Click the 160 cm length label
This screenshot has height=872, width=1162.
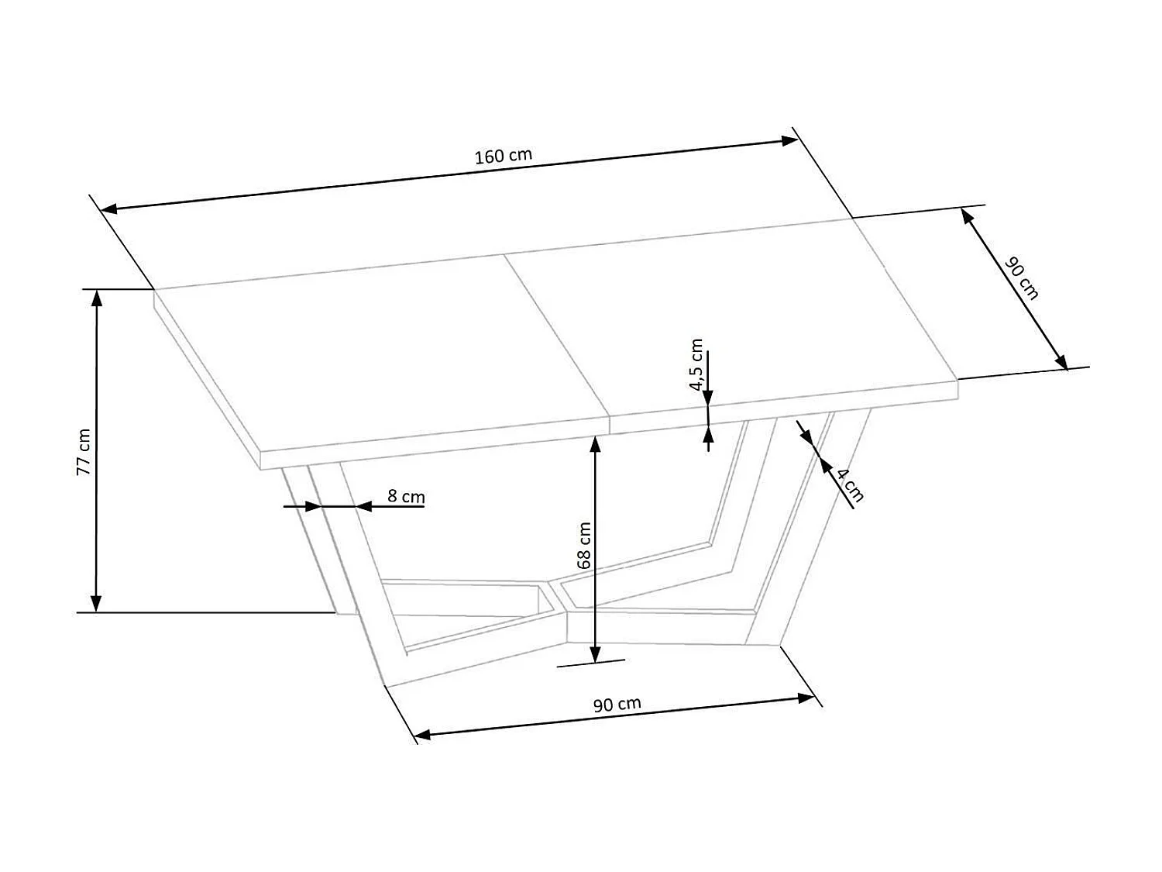504,155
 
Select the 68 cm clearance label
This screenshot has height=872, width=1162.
584,545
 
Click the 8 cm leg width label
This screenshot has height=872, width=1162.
406,496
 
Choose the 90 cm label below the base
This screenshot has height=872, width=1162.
617,704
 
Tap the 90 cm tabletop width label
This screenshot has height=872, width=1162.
1022,278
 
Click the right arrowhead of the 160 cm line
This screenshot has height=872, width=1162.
789,140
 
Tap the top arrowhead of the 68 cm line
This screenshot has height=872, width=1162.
595,444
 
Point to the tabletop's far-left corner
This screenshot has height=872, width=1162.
155,290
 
